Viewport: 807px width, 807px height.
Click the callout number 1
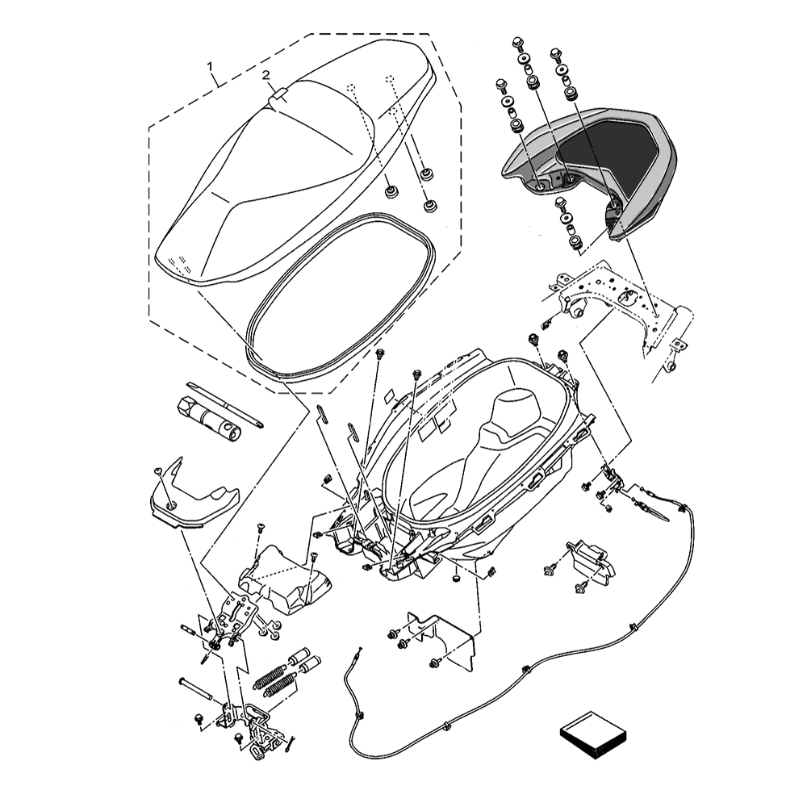coord(210,66)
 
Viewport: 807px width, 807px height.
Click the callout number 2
coord(266,75)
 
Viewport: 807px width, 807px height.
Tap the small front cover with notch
coord(193,498)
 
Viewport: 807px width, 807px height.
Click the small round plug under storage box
coord(457,579)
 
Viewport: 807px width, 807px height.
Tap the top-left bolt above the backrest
coord(518,42)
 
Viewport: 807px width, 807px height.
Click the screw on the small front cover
coord(158,471)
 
